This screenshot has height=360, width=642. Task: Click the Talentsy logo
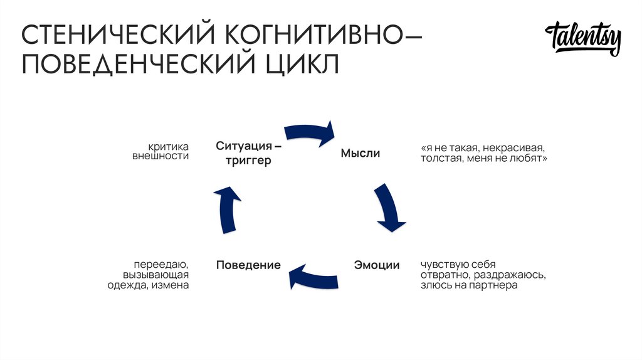[583, 40]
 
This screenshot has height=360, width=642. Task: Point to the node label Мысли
[360, 153]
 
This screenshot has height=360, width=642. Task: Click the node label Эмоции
[376, 265]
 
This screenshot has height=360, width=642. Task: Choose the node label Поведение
[248, 265]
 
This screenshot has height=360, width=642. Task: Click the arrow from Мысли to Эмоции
[389, 207]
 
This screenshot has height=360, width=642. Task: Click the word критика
[169, 146]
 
